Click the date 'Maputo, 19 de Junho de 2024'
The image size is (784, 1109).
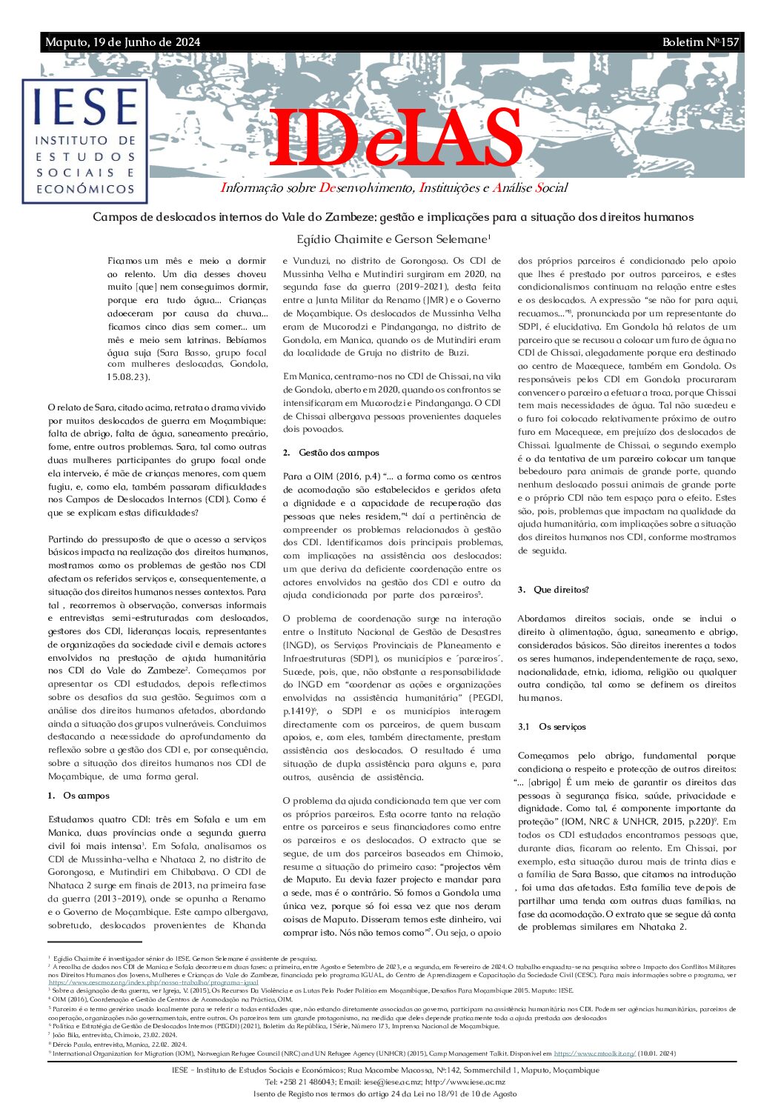pyautogui.click(x=122, y=42)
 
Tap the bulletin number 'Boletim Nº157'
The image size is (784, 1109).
pyautogui.click(x=700, y=42)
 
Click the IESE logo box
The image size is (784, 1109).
pyautogui.click(x=85, y=141)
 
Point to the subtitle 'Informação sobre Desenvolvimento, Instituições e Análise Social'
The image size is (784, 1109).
pyautogui.click(x=394, y=188)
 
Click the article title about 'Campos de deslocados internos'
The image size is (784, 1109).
pyautogui.click(x=393, y=217)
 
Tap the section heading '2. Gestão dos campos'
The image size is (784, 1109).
pyautogui.click(x=330, y=453)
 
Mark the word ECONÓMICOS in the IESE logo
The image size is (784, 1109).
pyautogui.click(x=85, y=189)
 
